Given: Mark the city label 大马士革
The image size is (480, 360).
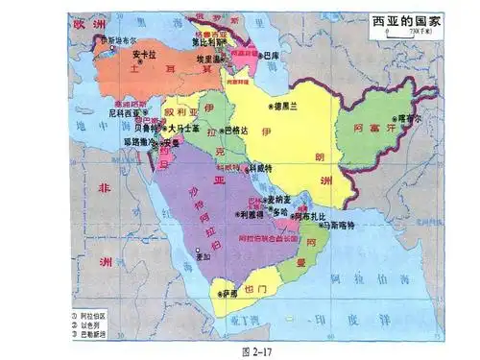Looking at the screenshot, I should click(183, 127).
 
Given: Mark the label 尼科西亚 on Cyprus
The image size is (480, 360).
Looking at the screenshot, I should click(124, 112).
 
